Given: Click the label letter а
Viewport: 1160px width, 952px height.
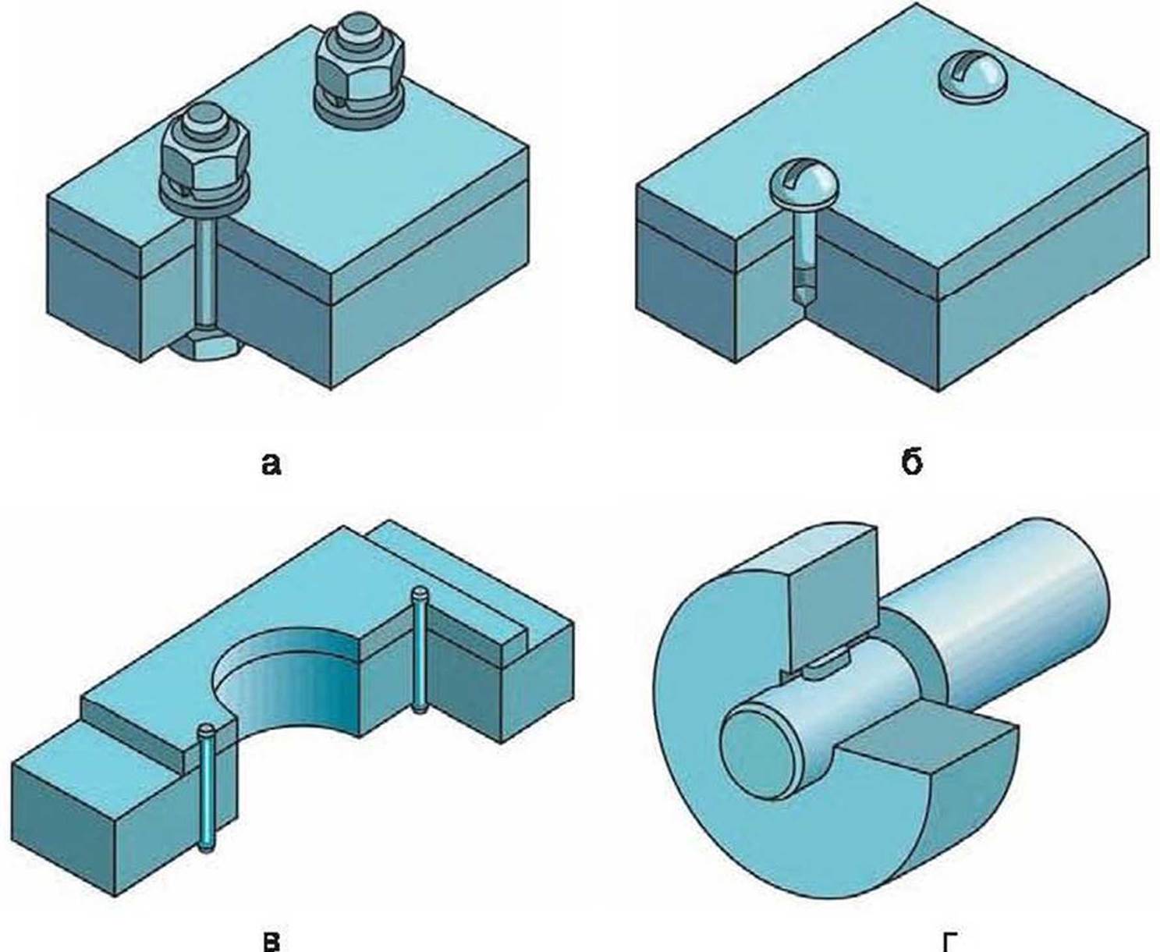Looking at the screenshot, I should click(270, 464).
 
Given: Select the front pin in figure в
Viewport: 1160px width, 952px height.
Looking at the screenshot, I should click(207, 788).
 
